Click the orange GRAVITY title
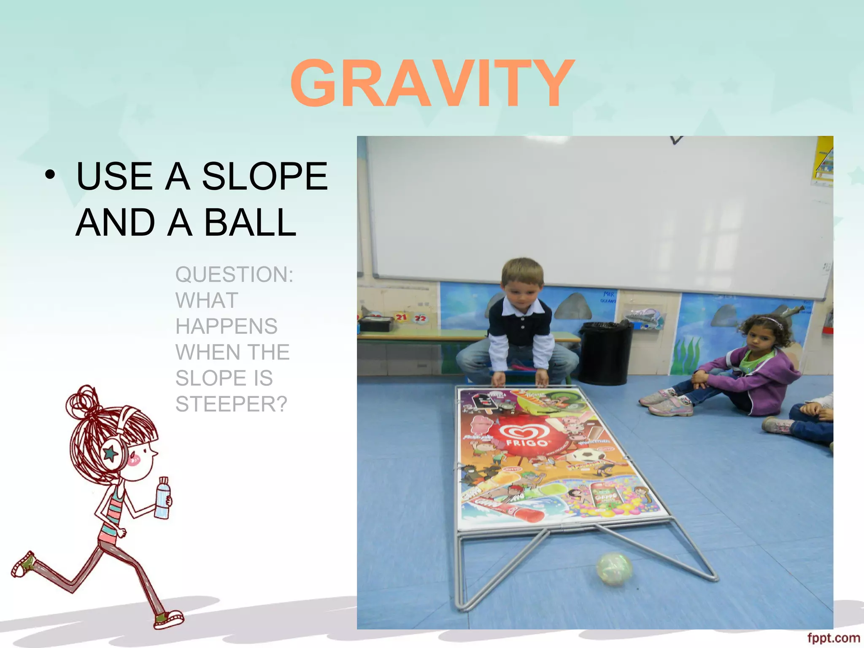pos(432,84)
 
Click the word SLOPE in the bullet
pos(265,176)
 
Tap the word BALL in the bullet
pos(250,223)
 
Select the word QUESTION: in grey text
pos(234,275)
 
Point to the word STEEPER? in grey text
pos(231,404)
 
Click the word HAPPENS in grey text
pos(227,327)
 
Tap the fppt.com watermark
pos(833,638)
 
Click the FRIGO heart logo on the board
pos(524,435)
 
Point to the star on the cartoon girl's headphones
pos(111,454)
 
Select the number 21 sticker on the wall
pos(401,317)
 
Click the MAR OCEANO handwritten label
pos(608,297)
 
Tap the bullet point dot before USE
pos(50,176)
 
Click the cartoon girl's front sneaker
pos(169,619)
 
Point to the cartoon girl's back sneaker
pos(23,564)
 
